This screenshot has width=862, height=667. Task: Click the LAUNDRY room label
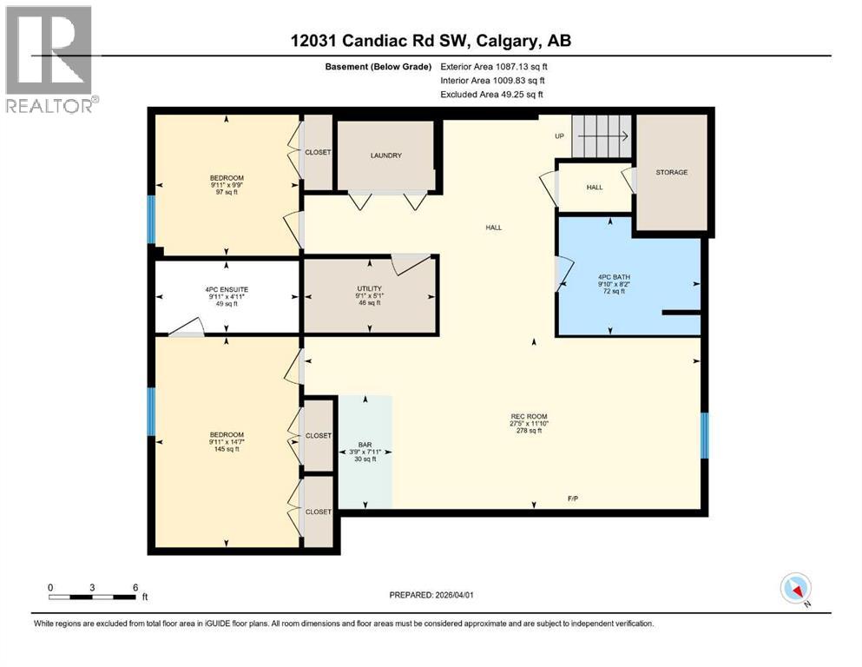click(385, 155)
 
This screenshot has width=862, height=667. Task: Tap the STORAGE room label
click(671, 172)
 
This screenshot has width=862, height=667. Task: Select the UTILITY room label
click(369, 288)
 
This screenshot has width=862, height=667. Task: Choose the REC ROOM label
click(529, 416)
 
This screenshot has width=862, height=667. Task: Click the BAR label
click(365, 444)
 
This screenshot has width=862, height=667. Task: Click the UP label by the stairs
click(560, 136)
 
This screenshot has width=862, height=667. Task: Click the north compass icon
click(795, 589)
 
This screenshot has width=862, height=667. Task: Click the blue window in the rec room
click(704, 434)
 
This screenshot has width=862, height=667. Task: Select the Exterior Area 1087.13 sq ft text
click(494, 66)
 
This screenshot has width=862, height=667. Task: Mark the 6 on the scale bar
click(135, 587)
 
